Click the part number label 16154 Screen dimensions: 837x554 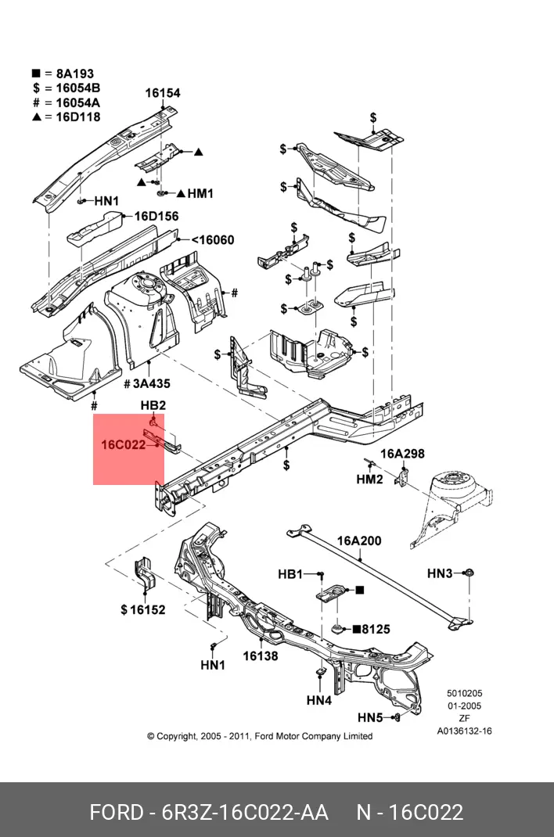point(163,93)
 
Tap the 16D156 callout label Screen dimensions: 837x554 point(156,217)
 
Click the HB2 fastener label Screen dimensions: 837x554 point(153,405)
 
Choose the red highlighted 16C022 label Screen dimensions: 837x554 point(124,444)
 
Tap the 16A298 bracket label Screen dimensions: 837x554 point(403,454)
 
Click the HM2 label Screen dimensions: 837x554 point(369,480)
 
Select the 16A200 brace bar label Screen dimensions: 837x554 point(359,541)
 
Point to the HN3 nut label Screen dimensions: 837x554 point(440,573)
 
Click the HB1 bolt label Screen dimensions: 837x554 point(290,574)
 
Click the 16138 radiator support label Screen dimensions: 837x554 point(260,656)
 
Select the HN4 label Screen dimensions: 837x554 point(319,701)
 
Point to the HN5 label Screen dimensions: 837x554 point(370,717)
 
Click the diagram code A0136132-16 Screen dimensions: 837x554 point(464,731)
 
